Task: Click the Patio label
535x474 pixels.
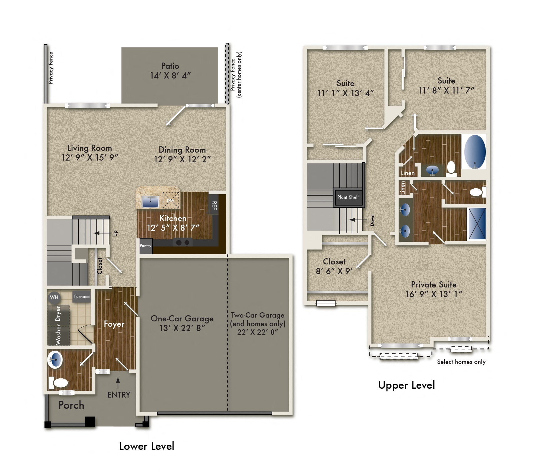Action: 170,66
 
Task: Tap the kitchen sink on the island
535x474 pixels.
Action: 150,202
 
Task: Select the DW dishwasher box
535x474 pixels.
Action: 171,200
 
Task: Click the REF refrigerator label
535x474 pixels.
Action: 214,205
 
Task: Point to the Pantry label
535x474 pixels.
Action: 146,246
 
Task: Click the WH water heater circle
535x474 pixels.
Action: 54,297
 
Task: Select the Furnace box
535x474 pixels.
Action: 82,297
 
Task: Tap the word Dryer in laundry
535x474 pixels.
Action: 58,313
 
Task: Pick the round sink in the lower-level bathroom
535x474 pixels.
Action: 55,359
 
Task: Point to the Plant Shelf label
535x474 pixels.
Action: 348,197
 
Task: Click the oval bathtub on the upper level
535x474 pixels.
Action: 475,152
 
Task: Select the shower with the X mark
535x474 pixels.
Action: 477,224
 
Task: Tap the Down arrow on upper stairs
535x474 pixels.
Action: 356,220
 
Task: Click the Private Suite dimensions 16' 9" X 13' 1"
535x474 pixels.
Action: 434,294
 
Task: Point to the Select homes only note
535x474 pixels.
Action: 461,362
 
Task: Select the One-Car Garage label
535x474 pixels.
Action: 182,318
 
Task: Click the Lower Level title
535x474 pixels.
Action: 146,446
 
